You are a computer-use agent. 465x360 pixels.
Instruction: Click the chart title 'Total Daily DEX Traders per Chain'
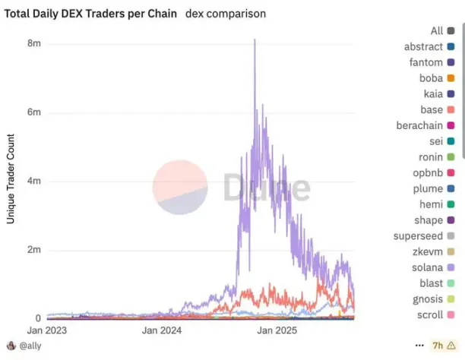pyautogui.click(x=92, y=14)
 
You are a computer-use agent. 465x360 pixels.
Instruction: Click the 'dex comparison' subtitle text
pyautogui.click(x=226, y=14)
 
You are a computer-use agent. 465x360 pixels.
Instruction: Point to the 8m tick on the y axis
pyautogui.click(x=35, y=43)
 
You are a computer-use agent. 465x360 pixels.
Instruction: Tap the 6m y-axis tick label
pyautogui.click(x=35, y=112)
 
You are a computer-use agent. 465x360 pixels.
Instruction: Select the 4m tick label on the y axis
pyautogui.click(x=35, y=181)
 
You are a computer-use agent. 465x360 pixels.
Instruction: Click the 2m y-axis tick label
pyautogui.click(x=35, y=250)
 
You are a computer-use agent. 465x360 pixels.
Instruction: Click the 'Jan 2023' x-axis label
pyautogui.click(x=47, y=331)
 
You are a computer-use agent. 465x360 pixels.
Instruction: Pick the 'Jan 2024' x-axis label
pyautogui.click(x=161, y=331)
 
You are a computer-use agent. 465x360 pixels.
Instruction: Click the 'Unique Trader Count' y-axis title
pyautogui.click(x=11, y=178)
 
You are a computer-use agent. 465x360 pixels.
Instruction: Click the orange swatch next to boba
pyautogui.click(x=451, y=78)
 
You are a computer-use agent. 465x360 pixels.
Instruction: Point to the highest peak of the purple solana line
pyautogui.click(x=255, y=39)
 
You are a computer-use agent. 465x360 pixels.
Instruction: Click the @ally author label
pyautogui.click(x=31, y=346)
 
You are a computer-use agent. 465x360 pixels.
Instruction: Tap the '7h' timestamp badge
pyautogui.click(x=440, y=346)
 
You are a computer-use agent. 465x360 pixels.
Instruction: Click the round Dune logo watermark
pyautogui.click(x=179, y=187)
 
